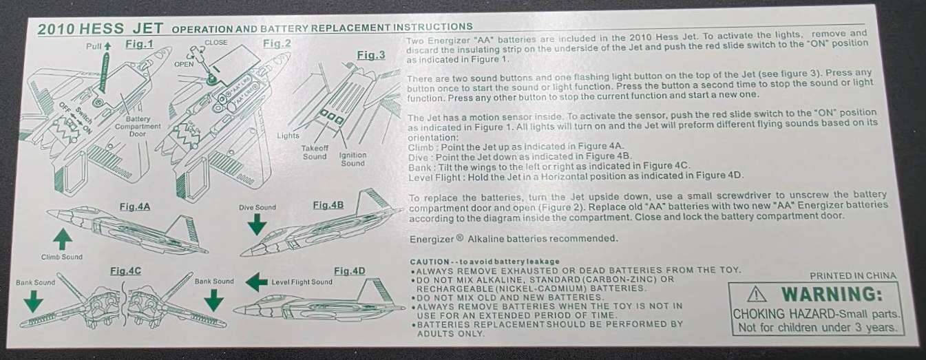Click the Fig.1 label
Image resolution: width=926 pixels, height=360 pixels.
[139, 44]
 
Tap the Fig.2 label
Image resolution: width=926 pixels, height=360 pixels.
[277, 43]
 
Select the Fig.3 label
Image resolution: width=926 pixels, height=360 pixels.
[371, 55]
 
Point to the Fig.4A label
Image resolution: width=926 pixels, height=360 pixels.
[135, 207]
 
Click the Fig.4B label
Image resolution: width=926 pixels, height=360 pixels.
[328, 205]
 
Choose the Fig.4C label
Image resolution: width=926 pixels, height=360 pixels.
[126, 271]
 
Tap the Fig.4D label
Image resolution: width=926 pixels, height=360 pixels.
[350, 271]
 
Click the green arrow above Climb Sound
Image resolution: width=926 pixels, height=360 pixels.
[63, 239]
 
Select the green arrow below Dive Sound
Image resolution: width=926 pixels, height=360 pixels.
[257, 224]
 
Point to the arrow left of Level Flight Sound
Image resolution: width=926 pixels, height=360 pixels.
[257, 282]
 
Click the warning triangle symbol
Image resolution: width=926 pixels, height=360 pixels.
[757, 295]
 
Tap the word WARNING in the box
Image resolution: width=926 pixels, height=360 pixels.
[832, 295]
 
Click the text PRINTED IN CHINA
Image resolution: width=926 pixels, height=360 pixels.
[853, 276]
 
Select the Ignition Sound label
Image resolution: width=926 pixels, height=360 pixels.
[352, 159]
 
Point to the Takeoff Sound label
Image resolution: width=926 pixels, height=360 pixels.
[315, 152]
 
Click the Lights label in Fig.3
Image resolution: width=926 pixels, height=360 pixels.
[288, 136]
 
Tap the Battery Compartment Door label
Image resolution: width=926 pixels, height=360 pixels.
[138, 127]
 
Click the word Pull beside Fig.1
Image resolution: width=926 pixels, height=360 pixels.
[94, 46]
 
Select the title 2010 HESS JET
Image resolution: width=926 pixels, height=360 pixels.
[101, 28]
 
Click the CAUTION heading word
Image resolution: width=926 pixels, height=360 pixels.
[430, 262]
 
